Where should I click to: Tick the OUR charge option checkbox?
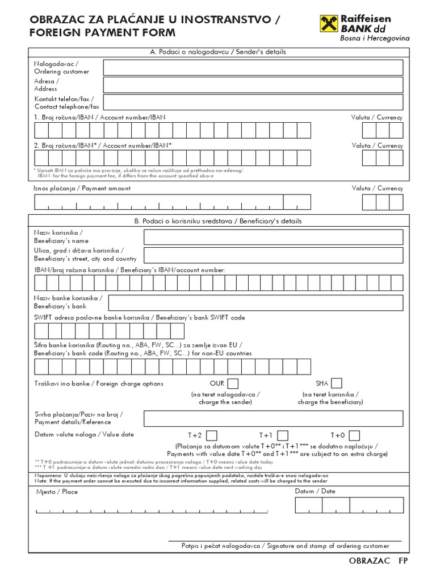(x=233, y=383)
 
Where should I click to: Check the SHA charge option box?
(x=337, y=383)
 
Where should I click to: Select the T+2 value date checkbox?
(x=211, y=435)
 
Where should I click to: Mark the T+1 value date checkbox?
(x=283, y=435)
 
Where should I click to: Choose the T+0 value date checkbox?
(x=354, y=435)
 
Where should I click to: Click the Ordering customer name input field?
(x=253, y=68)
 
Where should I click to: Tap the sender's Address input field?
(x=253, y=85)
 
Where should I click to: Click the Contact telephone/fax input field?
(x=253, y=102)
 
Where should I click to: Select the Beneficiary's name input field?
(x=274, y=237)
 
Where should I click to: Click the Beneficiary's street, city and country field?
(x=274, y=255)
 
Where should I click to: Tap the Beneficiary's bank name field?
(x=255, y=302)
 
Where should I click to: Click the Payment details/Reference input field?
(x=274, y=418)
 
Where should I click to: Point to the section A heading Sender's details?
(x=217, y=52)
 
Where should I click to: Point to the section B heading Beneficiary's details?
(x=217, y=221)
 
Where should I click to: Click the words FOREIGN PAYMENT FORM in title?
(x=103, y=33)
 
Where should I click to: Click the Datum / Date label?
(x=315, y=491)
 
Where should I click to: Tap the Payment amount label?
(x=82, y=188)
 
